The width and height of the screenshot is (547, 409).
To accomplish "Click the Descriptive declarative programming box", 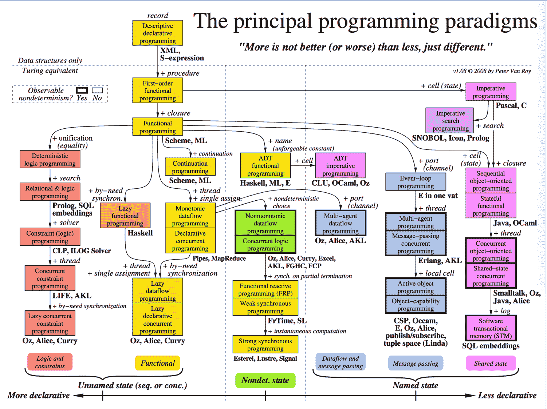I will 157,33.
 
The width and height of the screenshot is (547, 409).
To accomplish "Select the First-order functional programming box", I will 157,91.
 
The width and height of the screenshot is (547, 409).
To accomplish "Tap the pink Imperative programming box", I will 491,92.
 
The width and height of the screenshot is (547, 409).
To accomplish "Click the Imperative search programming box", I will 450,121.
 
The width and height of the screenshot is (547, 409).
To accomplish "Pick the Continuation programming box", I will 190,167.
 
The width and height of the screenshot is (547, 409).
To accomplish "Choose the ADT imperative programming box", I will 340,166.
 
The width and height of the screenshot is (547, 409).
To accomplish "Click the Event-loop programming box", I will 415,182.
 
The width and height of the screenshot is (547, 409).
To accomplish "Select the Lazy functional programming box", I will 125,216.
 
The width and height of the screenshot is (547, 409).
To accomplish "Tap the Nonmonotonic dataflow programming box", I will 265,223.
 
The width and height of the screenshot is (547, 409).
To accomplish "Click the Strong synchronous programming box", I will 265,345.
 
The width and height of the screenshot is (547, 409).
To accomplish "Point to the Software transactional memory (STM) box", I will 491,328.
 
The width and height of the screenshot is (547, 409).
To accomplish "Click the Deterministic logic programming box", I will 50,160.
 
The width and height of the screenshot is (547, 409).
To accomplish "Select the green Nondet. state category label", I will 265,380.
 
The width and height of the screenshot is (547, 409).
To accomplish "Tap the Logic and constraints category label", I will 50,362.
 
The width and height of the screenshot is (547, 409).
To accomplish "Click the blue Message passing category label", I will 415,363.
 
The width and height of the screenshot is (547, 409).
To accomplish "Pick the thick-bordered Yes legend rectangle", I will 82,90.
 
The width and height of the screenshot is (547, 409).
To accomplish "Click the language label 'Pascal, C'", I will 511,105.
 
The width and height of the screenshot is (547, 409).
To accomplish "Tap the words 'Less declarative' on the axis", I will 507,395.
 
